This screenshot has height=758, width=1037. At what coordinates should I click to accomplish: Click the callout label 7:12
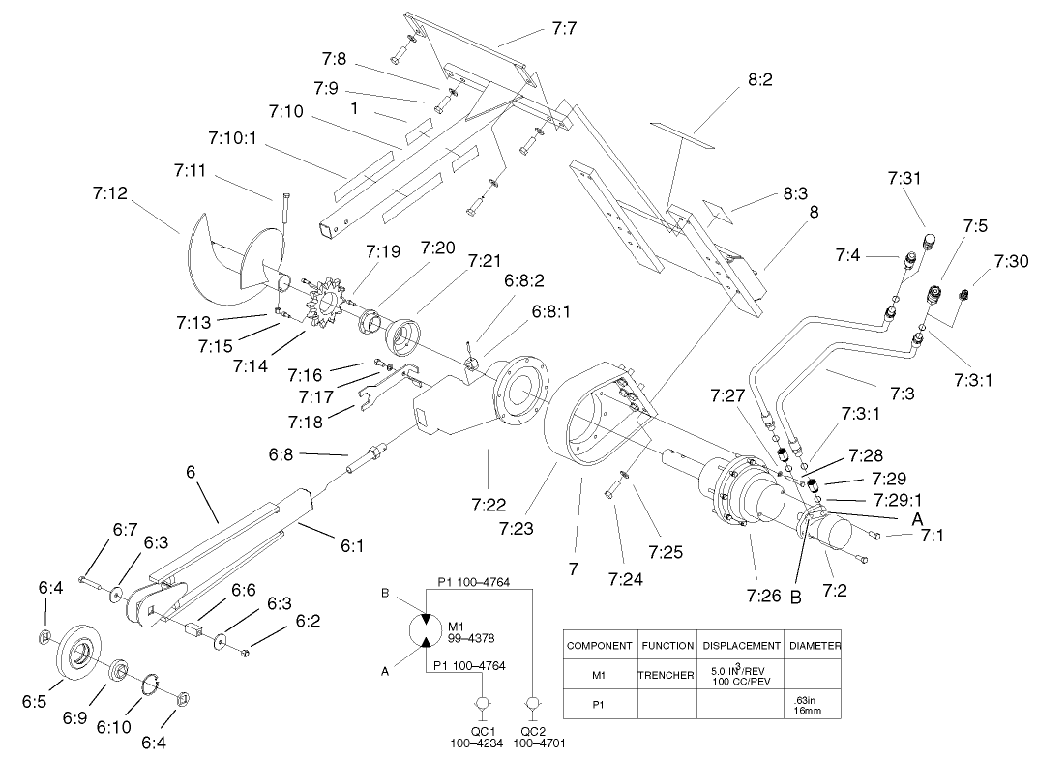tap(111, 192)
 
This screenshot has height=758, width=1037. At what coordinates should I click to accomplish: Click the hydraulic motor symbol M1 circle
tap(428, 629)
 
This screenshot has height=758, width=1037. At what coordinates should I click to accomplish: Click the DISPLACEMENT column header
tap(741, 645)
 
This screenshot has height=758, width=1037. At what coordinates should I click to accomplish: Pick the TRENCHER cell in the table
tap(666, 674)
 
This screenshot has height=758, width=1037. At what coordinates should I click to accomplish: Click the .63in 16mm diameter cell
tap(813, 705)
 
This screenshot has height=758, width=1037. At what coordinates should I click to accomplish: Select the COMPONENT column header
tap(599, 645)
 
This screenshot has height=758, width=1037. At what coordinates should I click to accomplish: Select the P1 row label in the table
tap(599, 705)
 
